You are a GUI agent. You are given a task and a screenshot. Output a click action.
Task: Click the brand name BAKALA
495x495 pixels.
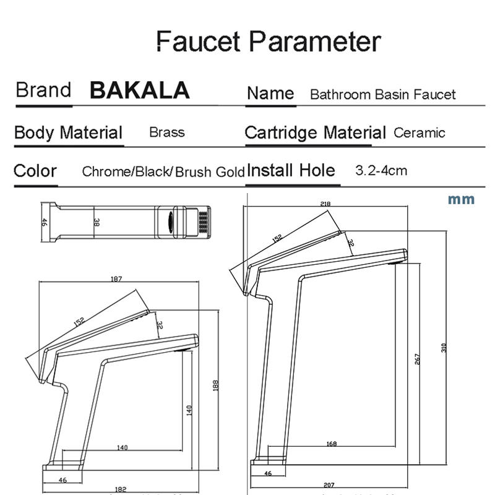coord(139,90)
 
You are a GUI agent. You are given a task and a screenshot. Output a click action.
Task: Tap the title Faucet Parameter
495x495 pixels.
coord(267,41)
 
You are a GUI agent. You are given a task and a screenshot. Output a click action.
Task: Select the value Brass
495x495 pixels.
coord(166,132)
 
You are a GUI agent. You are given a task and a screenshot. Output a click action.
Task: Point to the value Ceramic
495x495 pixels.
coord(419,132)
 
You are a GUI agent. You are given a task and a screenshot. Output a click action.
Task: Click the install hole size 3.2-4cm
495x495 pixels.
coord(381,170)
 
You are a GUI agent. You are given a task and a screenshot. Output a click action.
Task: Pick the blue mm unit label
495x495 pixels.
coord(461,199)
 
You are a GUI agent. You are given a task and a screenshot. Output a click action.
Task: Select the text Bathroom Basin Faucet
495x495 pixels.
coord(382,95)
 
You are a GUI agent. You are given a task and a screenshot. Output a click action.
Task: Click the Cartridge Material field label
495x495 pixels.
coord(315,132)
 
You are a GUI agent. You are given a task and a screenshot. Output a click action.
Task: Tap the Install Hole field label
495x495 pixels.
coord(291,170)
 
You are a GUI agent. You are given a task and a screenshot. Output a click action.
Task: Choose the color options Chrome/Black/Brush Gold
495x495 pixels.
coord(163,172)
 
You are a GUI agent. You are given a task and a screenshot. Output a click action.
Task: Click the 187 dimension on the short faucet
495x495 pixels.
coord(116,279)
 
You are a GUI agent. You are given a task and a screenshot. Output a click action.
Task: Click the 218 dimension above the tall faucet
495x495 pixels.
coord(325,204)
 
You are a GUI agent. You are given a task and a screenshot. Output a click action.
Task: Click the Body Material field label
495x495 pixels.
coord(68,132)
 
